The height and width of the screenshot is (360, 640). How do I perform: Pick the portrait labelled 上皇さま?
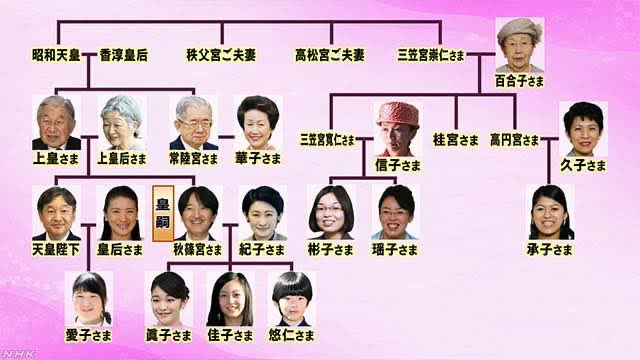click(56, 122)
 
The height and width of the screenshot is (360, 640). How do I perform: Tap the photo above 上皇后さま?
click(123, 122)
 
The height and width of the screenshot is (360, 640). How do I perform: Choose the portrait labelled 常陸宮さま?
click(195, 122)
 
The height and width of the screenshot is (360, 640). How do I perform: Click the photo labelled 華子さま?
click(260, 122)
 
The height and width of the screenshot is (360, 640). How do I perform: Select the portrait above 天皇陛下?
click(56, 212)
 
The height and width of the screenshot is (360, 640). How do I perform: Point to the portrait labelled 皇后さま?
click(119, 212)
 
